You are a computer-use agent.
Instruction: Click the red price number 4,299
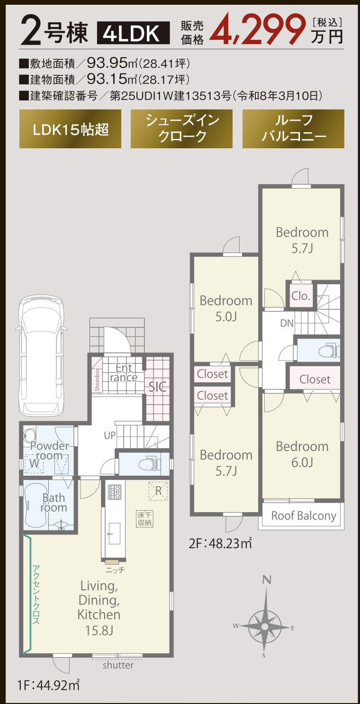click(x=260, y=30)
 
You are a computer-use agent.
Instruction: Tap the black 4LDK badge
click(x=134, y=33)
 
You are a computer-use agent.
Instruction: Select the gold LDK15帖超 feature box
click(x=71, y=129)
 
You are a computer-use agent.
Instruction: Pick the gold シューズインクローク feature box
click(x=181, y=129)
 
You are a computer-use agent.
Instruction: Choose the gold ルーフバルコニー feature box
click(x=293, y=129)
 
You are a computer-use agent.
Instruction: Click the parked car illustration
click(x=41, y=355)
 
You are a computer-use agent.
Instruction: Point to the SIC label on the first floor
click(x=157, y=387)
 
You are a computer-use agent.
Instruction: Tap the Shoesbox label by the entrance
click(x=97, y=379)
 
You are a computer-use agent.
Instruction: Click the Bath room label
click(x=54, y=503)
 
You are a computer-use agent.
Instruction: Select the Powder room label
click(x=49, y=451)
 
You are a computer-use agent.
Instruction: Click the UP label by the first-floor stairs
click(x=110, y=435)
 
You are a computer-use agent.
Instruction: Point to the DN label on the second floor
click(x=287, y=323)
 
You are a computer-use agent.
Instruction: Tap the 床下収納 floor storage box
click(x=145, y=519)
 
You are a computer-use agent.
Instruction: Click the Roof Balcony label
click(x=304, y=516)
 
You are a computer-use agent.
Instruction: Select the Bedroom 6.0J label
click(x=302, y=454)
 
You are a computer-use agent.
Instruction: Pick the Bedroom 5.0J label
click(x=226, y=308)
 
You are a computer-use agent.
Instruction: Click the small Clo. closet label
click(x=301, y=296)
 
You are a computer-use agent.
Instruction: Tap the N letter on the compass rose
click(x=267, y=580)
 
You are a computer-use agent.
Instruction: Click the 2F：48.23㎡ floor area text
click(x=220, y=543)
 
